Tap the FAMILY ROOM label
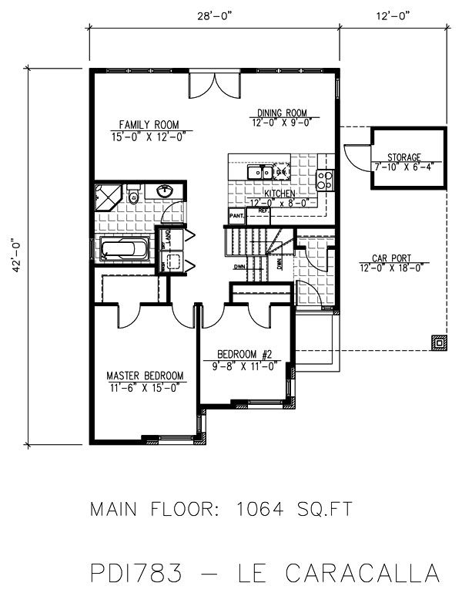(x=149, y=124)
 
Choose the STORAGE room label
(x=404, y=157)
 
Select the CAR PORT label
(x=390, y=258)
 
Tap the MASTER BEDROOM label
(x=145, y=376)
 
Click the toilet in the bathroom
(x=133, y=194)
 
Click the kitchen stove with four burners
(x=325, y=181)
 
